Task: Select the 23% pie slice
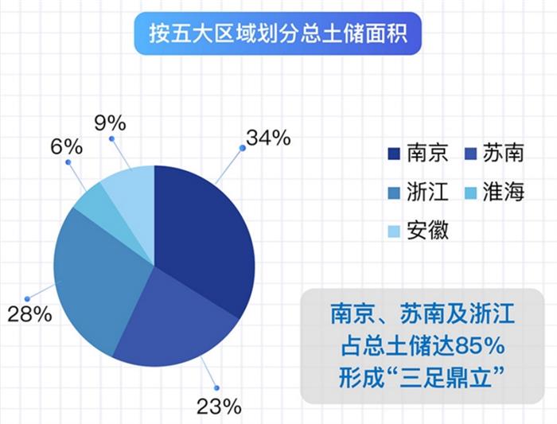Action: pos(175,318)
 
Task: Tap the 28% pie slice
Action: pos(95,270)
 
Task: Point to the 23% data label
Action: pos(218,406)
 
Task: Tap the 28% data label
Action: pos(29,314)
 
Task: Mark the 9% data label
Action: pos(110,123)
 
